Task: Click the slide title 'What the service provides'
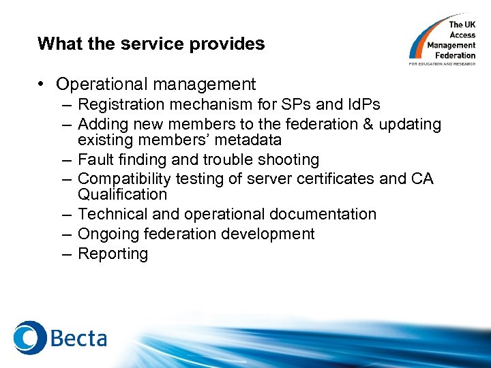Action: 151,44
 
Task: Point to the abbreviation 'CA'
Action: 421,179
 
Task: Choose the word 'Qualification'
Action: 122,194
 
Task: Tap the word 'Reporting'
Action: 113,254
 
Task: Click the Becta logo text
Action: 77,338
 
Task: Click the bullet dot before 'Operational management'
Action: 42,85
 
